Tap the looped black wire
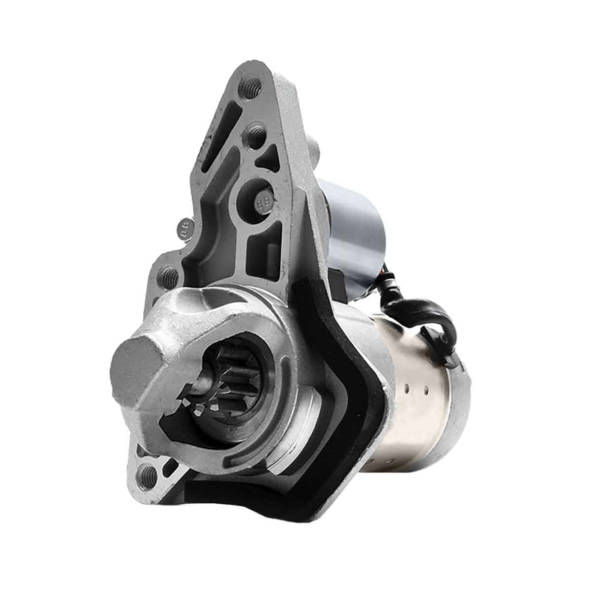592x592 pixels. tap(434, 316)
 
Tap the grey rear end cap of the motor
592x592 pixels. tap(459, 405)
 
